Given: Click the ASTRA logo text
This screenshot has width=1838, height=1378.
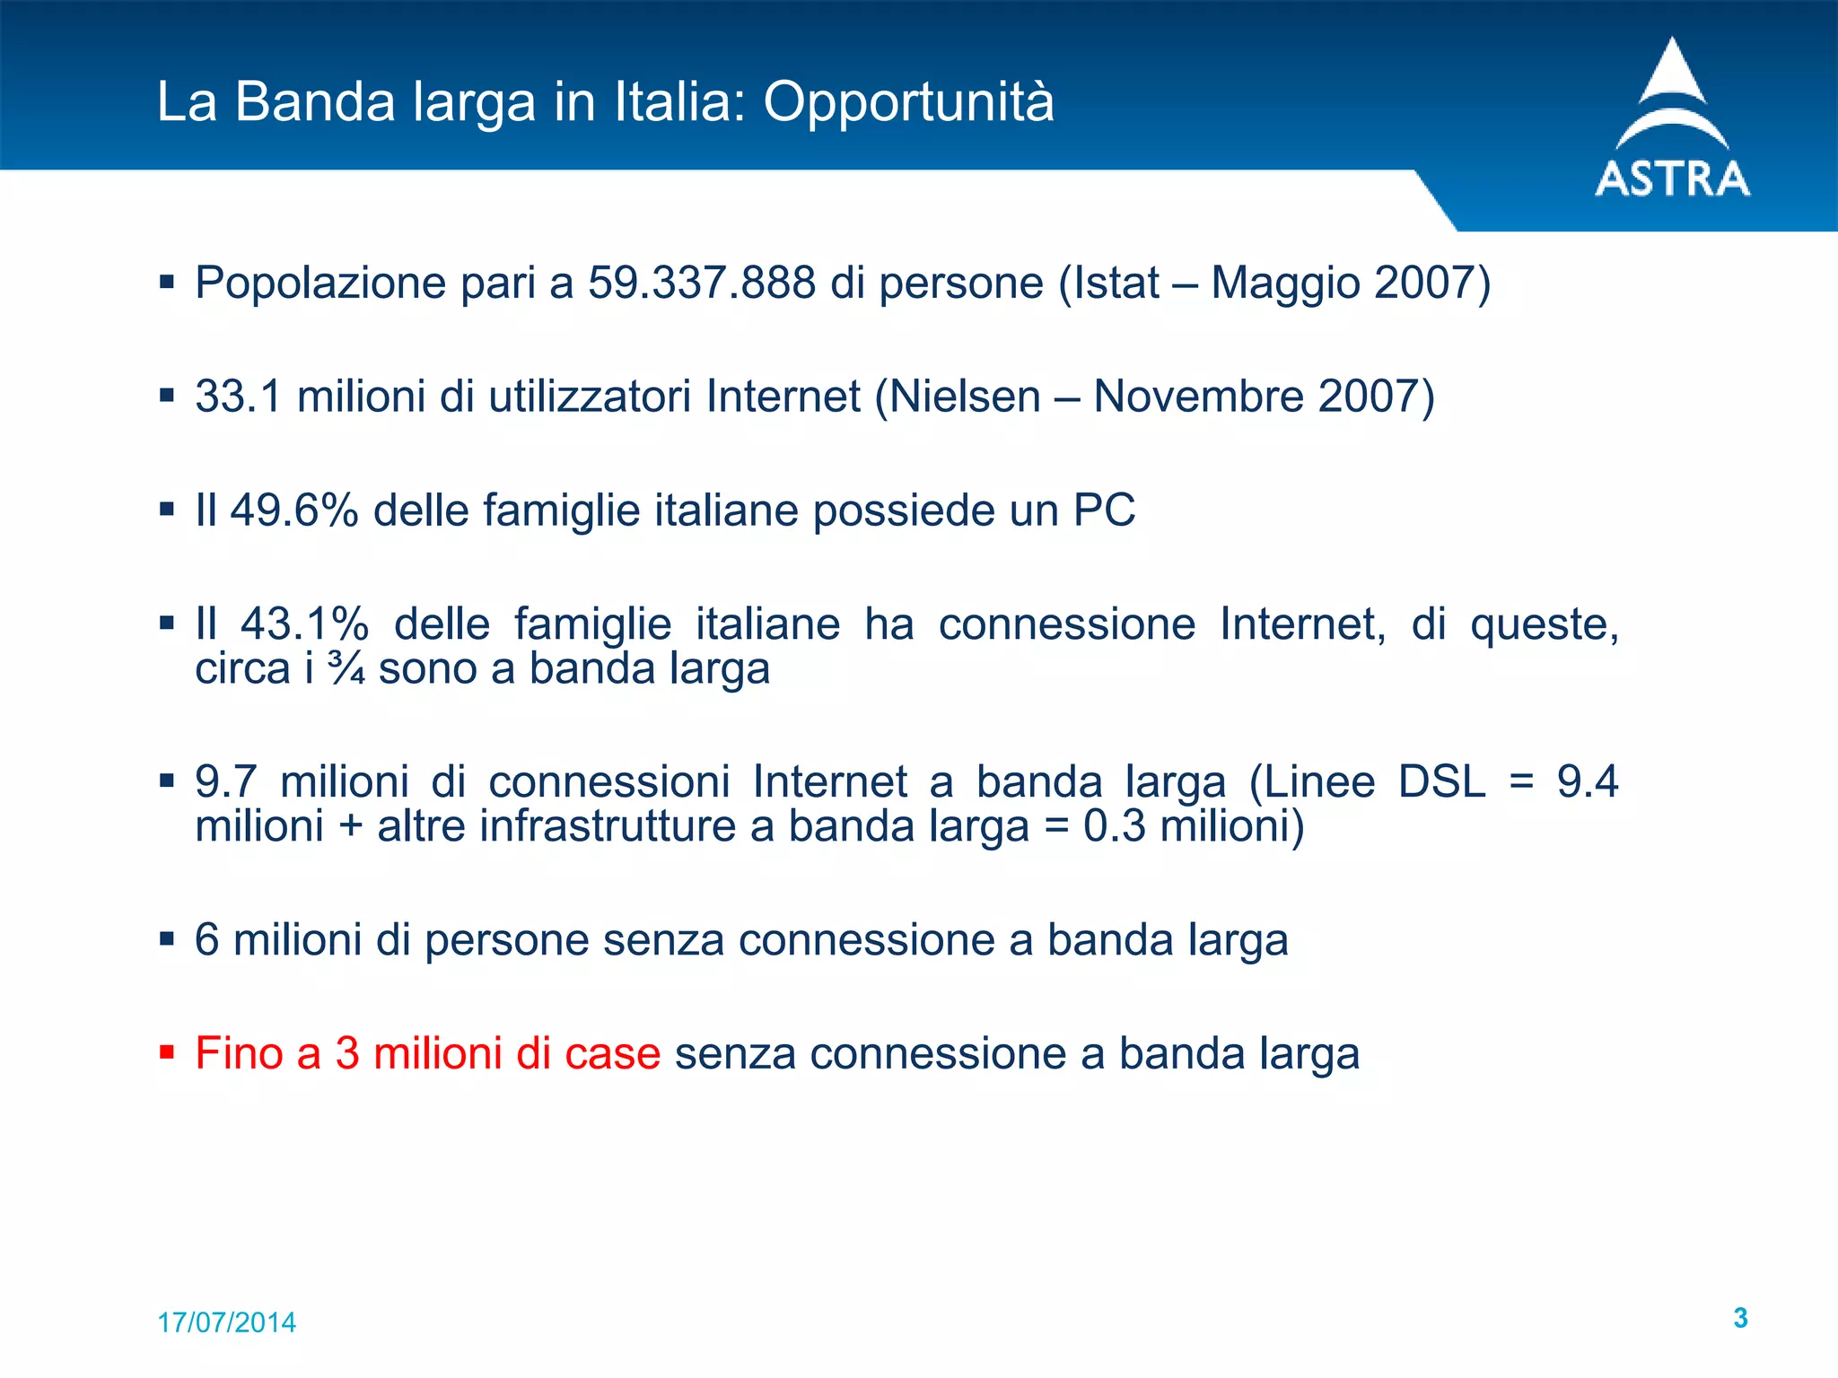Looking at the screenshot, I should click(1672, 179).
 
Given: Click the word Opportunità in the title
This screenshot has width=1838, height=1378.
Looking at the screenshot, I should click(908, 101).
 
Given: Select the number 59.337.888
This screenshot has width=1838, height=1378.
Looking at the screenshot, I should click(702, 283).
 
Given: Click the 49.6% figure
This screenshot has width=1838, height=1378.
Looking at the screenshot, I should click(294, 510).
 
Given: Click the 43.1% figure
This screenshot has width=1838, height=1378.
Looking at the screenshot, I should click(305, 624).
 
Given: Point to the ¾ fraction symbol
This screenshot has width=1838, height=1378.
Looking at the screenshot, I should click(346, 669).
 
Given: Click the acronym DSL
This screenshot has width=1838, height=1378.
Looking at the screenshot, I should click(1441, 781).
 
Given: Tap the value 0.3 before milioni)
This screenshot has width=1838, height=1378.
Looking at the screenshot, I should click(1114, 826).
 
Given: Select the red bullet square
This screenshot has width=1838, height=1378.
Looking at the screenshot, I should click(166, 1051).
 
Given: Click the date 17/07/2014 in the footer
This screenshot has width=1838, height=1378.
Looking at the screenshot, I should click(226, 1322).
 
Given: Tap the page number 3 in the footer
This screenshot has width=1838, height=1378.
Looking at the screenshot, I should click(1740, 1318).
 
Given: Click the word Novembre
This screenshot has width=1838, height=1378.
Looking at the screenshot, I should click(1198, 397).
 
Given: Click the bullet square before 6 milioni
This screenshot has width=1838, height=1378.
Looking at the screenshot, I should click(166, 938).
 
